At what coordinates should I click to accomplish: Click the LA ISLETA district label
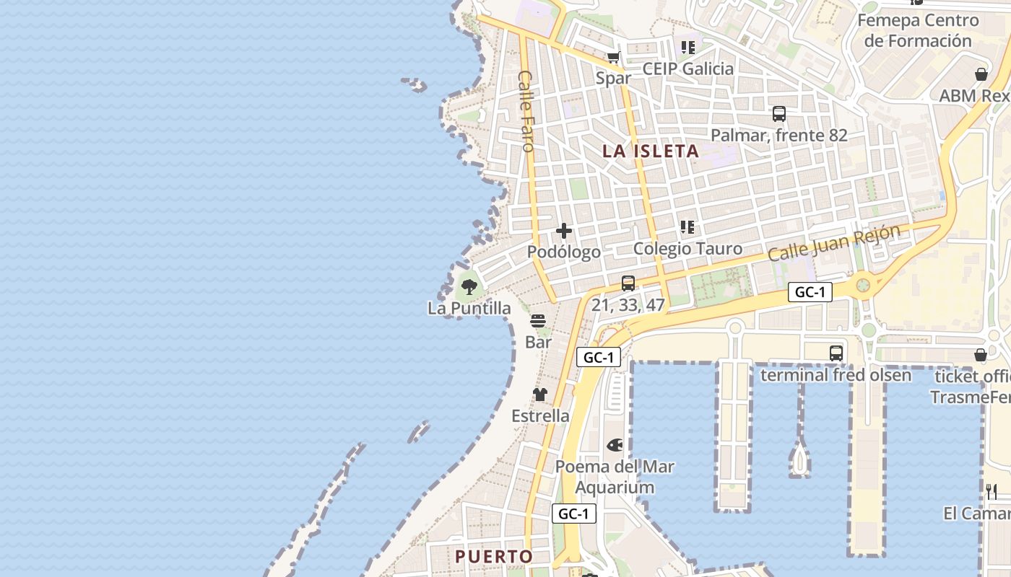[651, 151]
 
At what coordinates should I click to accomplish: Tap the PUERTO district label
[494, 557]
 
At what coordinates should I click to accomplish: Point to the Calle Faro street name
[526, 110]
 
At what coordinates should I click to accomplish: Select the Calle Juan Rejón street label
[834, 243]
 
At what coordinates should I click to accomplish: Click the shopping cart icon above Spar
[613, 58]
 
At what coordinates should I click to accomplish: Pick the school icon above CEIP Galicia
[687, 48]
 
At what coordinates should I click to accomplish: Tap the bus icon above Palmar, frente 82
[778, 114]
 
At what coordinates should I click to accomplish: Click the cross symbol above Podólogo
[564, 232]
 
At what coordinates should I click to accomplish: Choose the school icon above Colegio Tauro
[687, 228]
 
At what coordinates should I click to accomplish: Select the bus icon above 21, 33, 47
[628, 283]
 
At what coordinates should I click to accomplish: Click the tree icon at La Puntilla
[469, 287]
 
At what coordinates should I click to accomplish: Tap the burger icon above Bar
[538, 321]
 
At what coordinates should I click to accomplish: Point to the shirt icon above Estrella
[540, 395]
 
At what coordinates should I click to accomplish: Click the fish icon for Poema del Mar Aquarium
[615, 446]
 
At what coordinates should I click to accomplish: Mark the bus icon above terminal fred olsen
[836, 353]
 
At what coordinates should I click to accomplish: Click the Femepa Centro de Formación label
[918, 30]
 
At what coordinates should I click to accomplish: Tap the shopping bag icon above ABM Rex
[981, 74]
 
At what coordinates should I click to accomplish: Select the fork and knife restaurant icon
[992, 492]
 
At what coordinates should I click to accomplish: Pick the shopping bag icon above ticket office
[981, 355]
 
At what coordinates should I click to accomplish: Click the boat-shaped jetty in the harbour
[799, 459]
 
